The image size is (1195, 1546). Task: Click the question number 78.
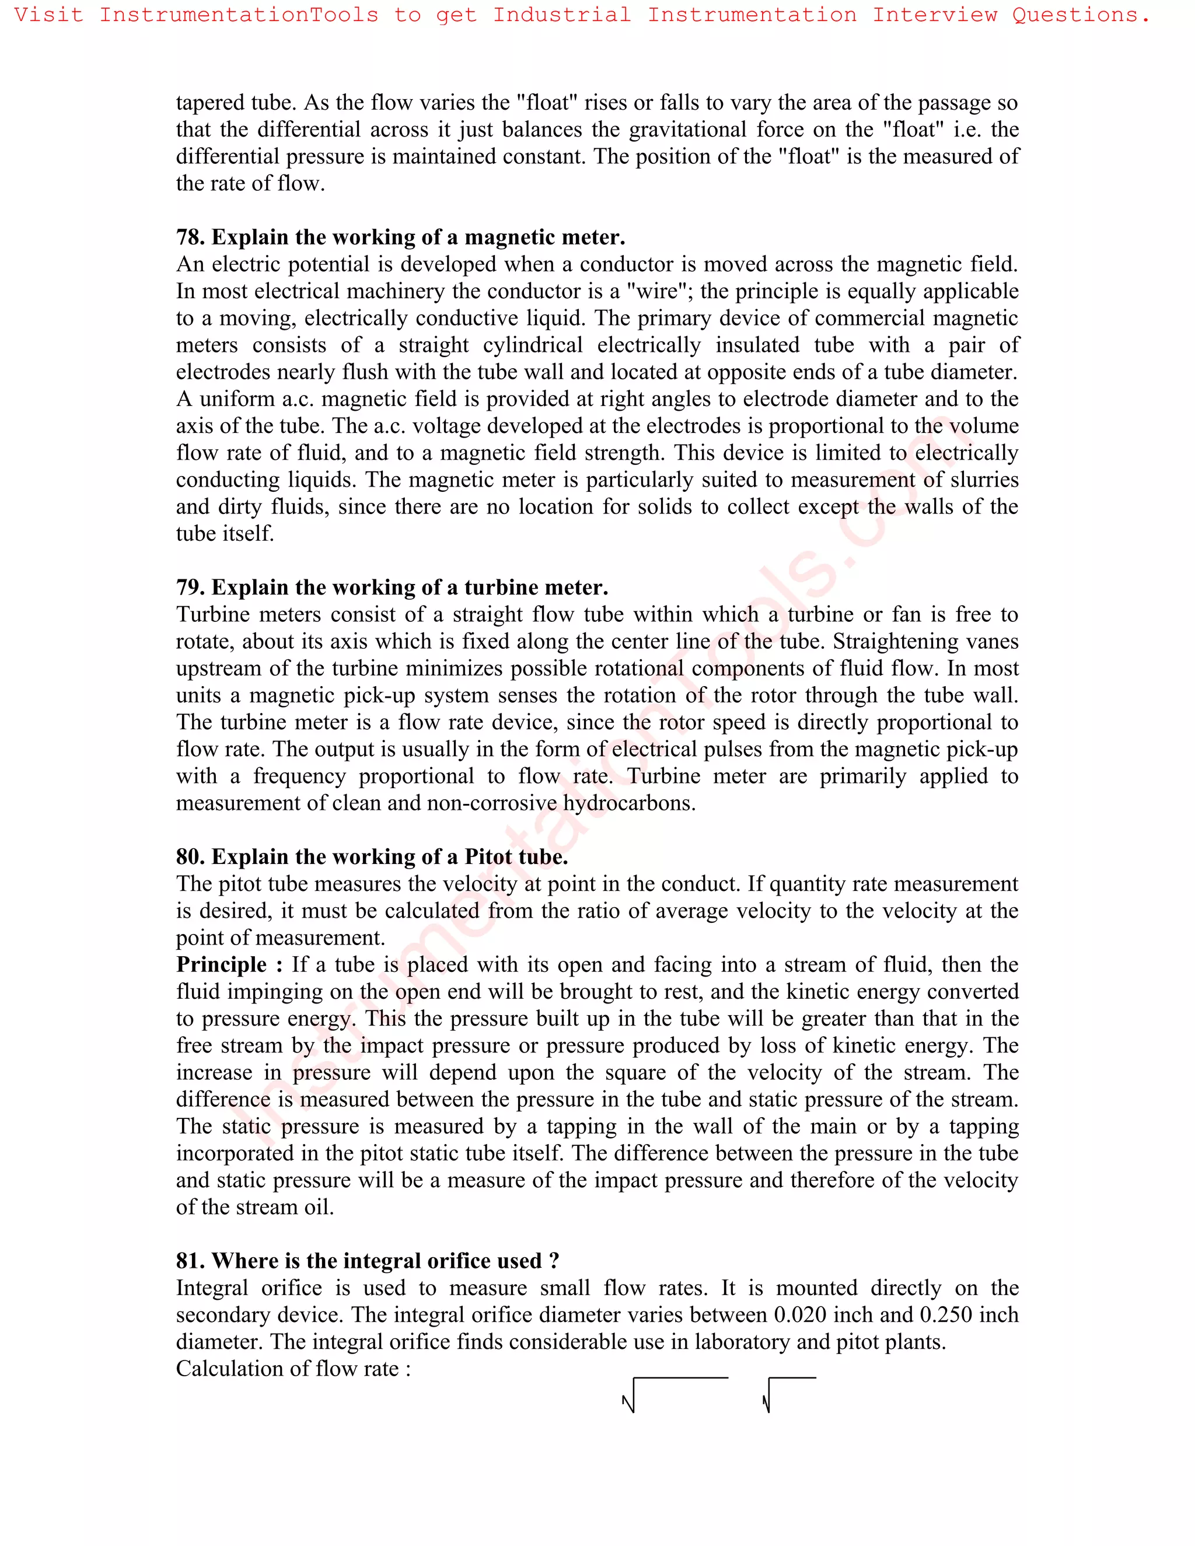(x=190, y=237)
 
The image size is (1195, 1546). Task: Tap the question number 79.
(x=190, y=587)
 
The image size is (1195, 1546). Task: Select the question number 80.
(x=190, y=857)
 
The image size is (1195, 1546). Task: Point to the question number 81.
(x=190, y=1261)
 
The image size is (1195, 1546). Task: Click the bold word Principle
(x=222, y=966)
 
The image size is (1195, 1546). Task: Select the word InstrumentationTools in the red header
(x=239, y=15)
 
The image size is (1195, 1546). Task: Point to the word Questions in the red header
(x=1080, y=15)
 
